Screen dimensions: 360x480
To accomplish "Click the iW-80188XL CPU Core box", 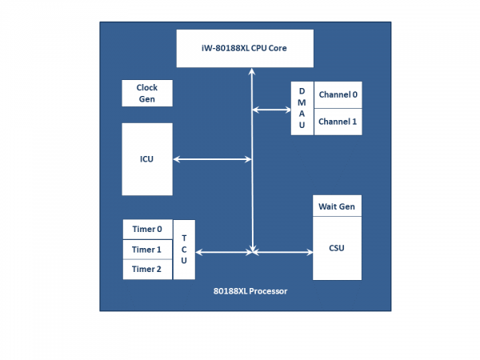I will pyautogui.click(x=243, y=48).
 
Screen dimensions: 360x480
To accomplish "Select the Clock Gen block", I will pyautogui.click(x=146, y=94).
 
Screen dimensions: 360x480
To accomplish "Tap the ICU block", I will pyautogui.click(x=146, y=158).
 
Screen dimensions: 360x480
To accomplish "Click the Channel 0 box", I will pyautogui.click(x=338, y=94).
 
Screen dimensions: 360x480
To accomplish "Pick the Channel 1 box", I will pyautogui.click(x=338, y=122).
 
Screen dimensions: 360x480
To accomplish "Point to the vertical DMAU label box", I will pyautogui.click(x=302, y=108).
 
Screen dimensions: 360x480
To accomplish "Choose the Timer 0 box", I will pyautogui.click(x=147, y=229).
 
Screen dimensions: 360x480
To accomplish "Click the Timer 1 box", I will pyautogui.click(x=147, y=250).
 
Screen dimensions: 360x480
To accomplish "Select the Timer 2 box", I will pyautogui.click(x=147, y=270).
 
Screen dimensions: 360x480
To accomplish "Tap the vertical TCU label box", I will pyautogui.click(x=184, y=250).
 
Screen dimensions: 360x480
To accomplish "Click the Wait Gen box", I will pyautogui.click(x=337, y=206).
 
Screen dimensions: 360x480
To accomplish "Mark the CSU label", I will pyautogui.click(x=337, y=248).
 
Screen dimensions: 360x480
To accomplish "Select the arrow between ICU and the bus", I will pyautogui.click(x=213, y=159).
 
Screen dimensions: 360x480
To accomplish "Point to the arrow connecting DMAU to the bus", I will pyautogui.click(x=271, y=109).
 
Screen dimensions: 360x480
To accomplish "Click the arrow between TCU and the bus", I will pyautogui.click(x=224, y=253).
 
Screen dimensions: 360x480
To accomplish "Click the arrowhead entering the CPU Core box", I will pyautogui.click(x=253, y=72).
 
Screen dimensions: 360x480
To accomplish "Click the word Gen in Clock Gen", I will pyautogui.click(x=146, y=99).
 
